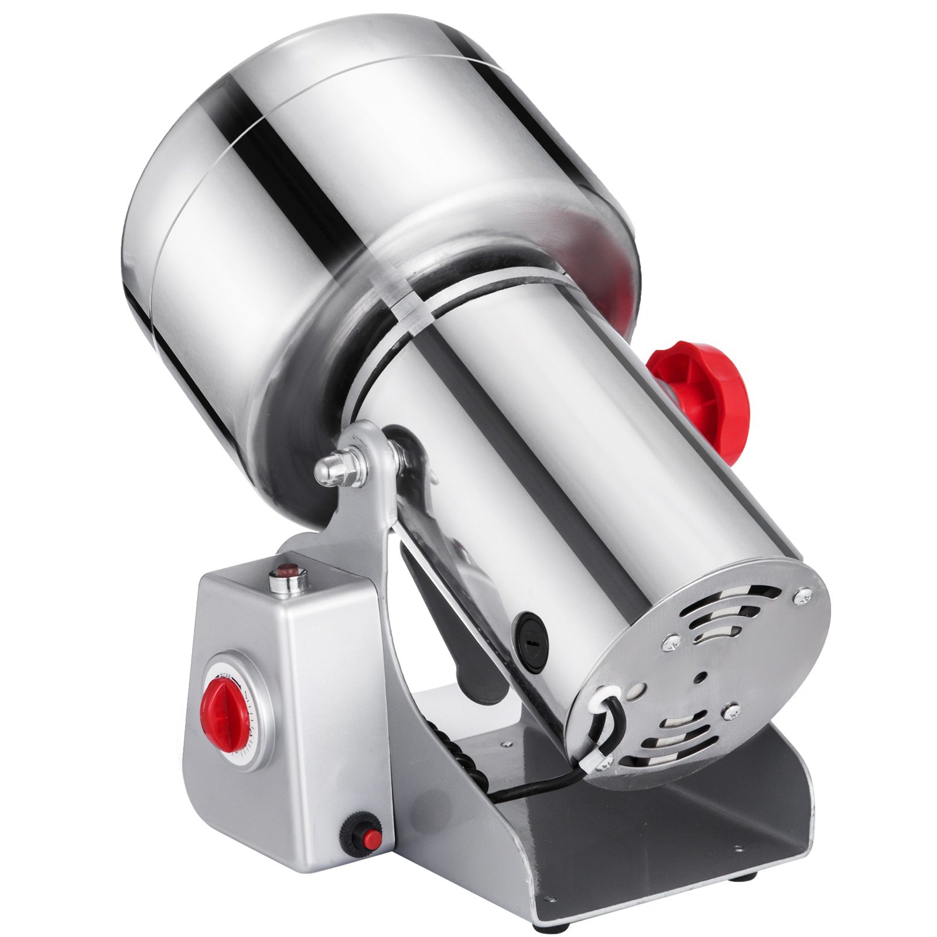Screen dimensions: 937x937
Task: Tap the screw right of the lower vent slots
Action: tap(730, 711)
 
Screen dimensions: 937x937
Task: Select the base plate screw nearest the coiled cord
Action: tap(502, 744)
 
